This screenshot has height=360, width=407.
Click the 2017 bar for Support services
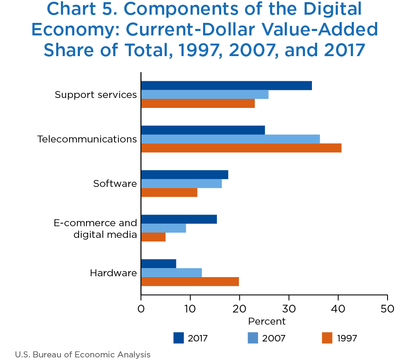point(226,85)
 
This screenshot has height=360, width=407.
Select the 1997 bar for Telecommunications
point(241,148)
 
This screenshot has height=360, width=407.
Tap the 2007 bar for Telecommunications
point(230,139)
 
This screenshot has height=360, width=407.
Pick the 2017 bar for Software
point(184,174)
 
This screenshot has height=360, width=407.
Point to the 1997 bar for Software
point(169,193)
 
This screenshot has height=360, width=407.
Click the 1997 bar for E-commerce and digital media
point(153,237)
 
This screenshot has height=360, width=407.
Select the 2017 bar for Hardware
point(159,263)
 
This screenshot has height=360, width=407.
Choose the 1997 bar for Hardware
point(190,281)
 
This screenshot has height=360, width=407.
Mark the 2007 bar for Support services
point(205,95)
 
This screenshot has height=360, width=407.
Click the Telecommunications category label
point(87,139)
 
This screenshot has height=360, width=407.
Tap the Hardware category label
point(113,273)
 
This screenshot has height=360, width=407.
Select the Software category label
point(115,183)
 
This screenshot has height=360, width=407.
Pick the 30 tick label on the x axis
point(289,309)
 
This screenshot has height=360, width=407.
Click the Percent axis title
point(267,322)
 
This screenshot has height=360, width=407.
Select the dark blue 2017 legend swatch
point(179,338)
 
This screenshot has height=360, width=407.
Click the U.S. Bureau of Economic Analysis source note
point(83,354)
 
